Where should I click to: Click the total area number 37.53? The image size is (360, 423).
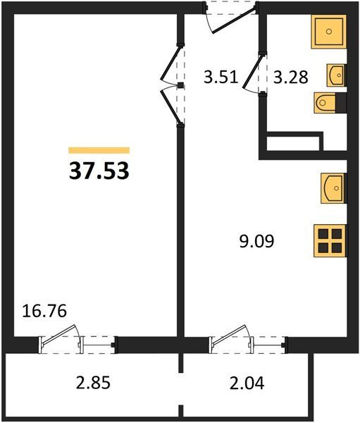tap(99, 171)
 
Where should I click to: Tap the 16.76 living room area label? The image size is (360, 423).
tap(44, 311)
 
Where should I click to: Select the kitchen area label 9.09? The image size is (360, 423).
tap(256, 241)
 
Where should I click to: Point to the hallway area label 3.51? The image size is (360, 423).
tap(221, 77)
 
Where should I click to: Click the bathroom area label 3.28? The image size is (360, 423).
tap(291, 77)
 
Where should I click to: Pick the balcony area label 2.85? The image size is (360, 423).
tap(93, 383)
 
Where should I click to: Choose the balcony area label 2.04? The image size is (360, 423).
tap(247, 383)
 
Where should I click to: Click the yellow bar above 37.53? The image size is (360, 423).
tap(99, 150)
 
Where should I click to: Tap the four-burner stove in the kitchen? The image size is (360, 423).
tap(330, 240)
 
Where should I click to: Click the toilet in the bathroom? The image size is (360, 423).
tap(325, 102)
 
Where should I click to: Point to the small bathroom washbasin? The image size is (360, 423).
tap(336, 75)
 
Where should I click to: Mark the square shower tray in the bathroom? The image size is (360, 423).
tap(329, 32)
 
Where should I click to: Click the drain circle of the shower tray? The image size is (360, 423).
tap(329, 32)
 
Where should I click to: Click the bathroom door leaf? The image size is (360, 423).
tap(252, 71)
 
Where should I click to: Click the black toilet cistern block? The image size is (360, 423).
tap(341, 102)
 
